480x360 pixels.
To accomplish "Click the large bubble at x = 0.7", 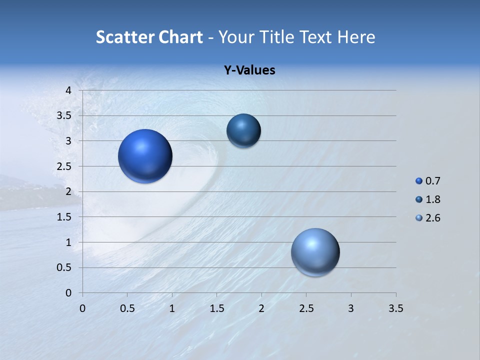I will (145, 156).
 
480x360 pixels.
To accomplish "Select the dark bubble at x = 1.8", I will (243, 130).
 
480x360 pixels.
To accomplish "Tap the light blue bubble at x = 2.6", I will (315, 252).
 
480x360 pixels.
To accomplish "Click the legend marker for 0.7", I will (419, 181).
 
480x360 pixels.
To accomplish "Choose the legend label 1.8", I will (432, 199).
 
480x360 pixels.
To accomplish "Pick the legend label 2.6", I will (432, 218).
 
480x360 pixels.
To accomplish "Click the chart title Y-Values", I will (249, 70).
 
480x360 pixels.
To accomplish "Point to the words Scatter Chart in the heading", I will (149, 37).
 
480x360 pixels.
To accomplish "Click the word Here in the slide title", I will (355, 37).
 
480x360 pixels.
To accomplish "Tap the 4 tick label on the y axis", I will (68, 90).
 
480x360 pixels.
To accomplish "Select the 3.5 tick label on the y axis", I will (64, 116).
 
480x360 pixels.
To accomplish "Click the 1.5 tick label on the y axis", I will (64, 217).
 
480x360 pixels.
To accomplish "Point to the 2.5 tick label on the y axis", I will (64, 166).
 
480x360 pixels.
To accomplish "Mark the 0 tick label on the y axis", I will (68, 293).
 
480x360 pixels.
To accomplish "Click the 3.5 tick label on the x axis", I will (395, 308).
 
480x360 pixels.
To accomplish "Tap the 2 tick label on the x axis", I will (261, 308).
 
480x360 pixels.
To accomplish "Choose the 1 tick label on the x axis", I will (172, 308).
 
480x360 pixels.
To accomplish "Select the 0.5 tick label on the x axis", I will (127, 308).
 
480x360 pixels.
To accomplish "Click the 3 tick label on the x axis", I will (351, 308).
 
